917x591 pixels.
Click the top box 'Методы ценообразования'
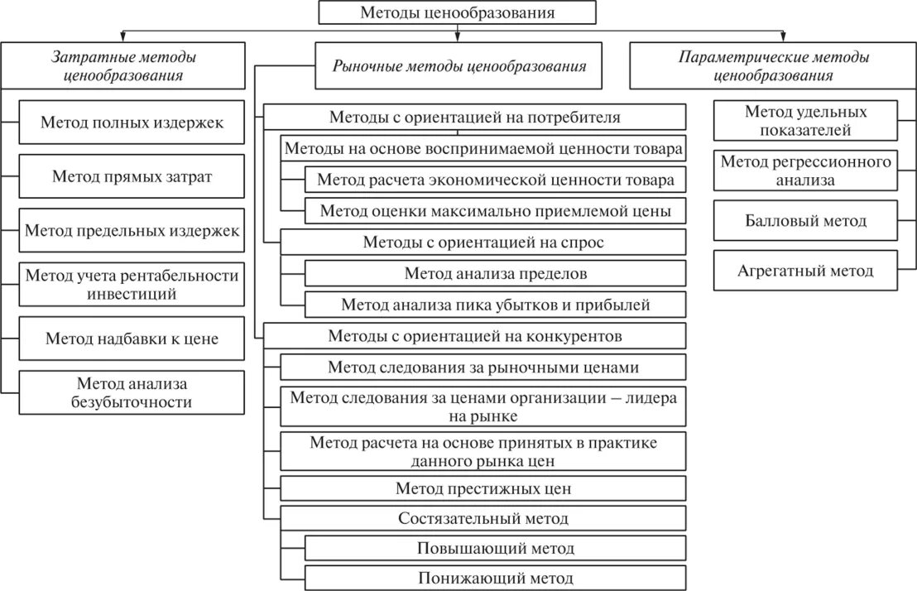458,12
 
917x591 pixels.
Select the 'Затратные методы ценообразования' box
124,66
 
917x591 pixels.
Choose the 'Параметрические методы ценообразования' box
774,66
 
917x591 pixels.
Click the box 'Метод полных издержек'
132,123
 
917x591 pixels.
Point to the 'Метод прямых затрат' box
132,176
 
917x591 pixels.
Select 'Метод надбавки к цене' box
132,339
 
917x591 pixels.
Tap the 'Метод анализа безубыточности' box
132,393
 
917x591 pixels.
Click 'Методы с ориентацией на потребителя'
474,117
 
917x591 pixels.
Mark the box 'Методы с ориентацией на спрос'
483,243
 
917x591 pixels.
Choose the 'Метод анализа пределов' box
496,273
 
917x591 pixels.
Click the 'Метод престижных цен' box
483,488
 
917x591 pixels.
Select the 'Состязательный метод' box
483,519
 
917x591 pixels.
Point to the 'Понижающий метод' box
496,578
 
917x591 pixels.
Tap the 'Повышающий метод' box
496,548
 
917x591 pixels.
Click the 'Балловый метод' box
805,221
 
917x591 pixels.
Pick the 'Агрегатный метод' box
805,270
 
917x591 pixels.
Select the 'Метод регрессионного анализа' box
805,170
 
